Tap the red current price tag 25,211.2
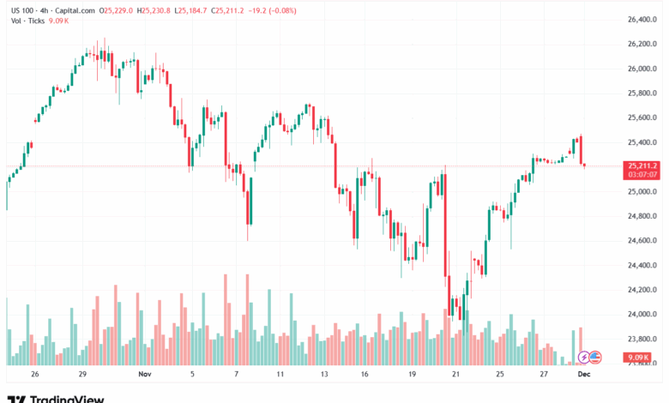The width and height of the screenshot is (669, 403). click(642, 165)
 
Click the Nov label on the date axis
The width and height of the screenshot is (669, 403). click(144, 374)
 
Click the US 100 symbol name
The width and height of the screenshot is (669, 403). click(21, 10)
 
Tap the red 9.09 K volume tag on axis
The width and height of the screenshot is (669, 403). click(638, 357)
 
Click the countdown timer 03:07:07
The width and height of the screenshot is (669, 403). click(642, 174)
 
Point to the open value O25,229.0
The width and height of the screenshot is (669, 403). click(115, 10)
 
